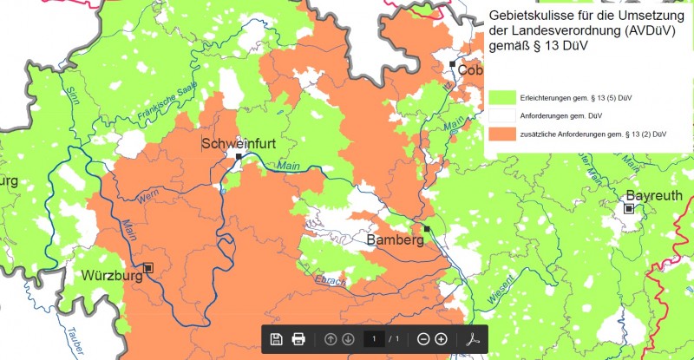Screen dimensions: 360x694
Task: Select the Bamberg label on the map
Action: coord(395,239)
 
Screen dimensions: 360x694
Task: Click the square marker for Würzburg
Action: coord(148,268)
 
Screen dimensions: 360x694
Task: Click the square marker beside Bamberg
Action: coord(426,228)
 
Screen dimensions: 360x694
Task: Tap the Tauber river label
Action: coord(76,341)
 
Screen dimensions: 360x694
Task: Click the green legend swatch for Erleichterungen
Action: coord(502,95)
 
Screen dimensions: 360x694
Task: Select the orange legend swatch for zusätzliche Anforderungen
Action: coord(502,134)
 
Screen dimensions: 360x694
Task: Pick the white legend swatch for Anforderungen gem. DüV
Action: coord(502,115)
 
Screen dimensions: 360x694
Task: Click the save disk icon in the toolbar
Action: coord(277,338)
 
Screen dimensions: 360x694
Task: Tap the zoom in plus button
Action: coord(441,338)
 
